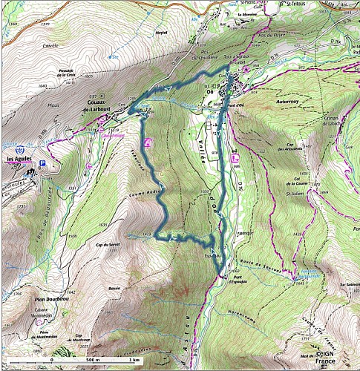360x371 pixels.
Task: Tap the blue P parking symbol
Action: (42, 163)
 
